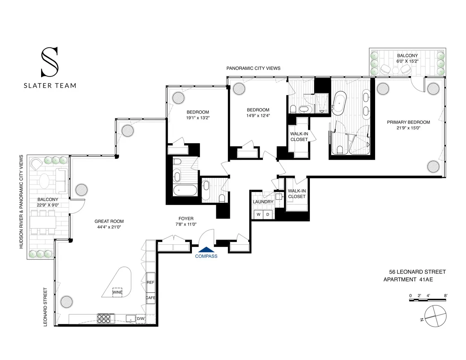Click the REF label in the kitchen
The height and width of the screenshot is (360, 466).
(x=150, y=283)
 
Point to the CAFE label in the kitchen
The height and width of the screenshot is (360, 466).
(x=150, y=298)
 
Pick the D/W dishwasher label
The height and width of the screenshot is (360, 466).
(x=140, y=319)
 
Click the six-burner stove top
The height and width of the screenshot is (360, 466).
(x=104, y=319)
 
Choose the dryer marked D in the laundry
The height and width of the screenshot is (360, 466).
(x=267, y=214)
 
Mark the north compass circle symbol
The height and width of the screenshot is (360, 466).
(x=436, y=315)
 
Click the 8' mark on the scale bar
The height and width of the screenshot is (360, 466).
(x=446, y=296)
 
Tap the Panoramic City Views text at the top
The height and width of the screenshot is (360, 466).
(x=253, y=68)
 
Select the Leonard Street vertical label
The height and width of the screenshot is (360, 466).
(x=45, y=306)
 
